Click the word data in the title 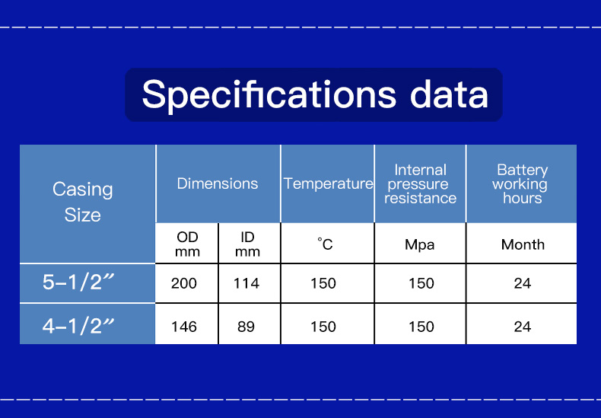coord(449,94)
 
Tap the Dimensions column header coord(218,183)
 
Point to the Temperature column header coord(328,183)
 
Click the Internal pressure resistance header coord(421,184)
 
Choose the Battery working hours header coord(520,184)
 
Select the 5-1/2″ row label coord(78,282)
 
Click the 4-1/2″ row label coord(78,326)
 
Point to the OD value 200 coord(184,283)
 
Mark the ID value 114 coord(246,283)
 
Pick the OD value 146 coord(184,327)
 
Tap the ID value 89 coord(246,327)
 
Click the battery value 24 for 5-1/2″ coord(523,283)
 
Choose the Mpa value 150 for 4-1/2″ coord(421,327)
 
